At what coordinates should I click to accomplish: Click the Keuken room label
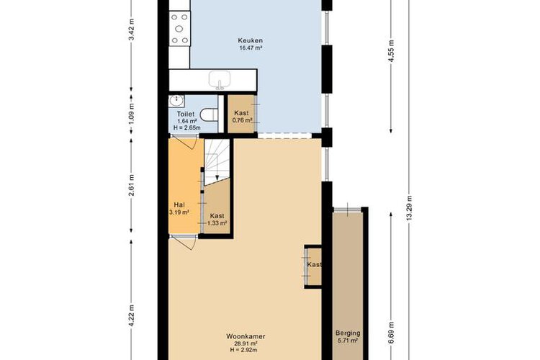251,40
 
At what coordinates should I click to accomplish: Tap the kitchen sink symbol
220,80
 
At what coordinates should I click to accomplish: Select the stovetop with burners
180,29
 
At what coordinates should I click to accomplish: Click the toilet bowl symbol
209,114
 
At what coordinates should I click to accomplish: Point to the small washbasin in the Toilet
176,101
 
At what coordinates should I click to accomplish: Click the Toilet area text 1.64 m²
187,121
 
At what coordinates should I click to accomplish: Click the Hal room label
179,204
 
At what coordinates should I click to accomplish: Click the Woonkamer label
246,336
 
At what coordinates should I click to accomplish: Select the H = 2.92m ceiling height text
244,350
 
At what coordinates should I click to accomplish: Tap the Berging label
348,333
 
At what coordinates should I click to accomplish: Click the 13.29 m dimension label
409,209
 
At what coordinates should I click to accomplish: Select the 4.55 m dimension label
391,50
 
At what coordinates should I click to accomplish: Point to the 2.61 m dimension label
131,185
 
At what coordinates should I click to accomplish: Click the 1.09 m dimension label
131,113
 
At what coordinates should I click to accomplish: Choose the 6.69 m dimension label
391,333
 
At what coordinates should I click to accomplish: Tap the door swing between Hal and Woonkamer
186,244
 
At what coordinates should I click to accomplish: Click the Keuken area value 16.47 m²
251,48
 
